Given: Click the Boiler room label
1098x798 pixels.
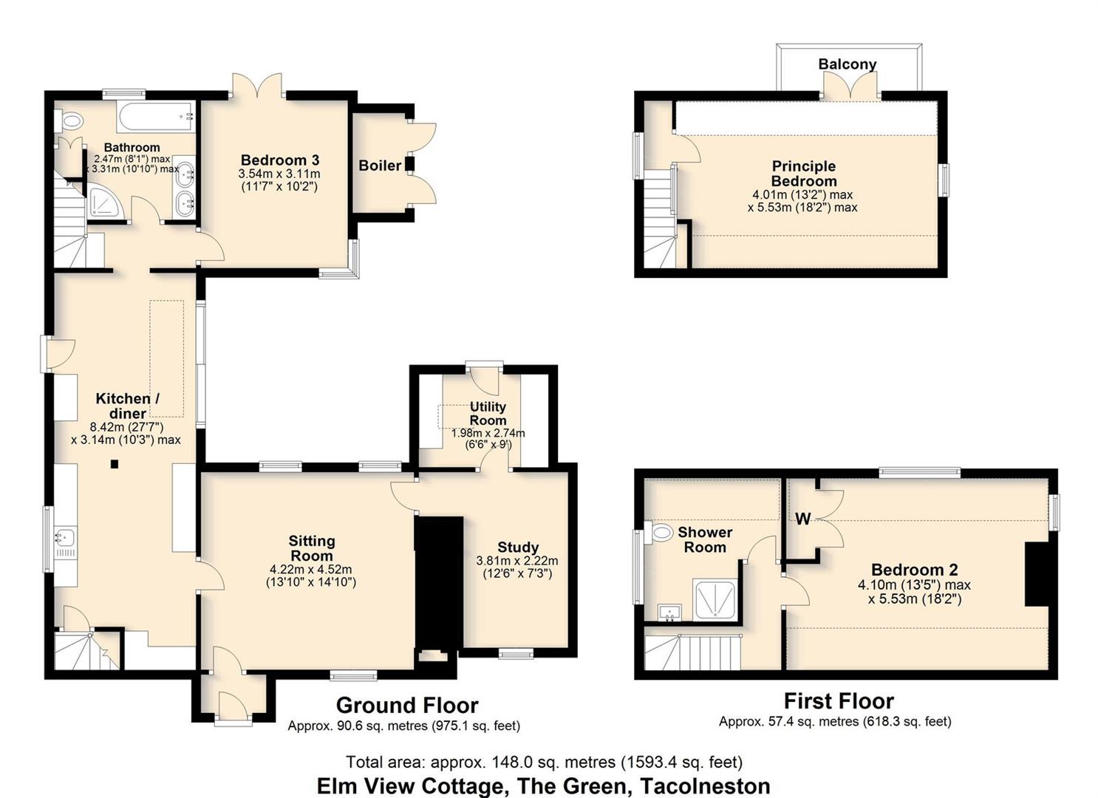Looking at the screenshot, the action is pos(380,166).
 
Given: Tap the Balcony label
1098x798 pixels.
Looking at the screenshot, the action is pos(847,64).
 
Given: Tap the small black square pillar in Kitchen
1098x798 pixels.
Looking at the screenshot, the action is pos(115,464).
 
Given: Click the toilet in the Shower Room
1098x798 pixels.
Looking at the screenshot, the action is pos(658,532).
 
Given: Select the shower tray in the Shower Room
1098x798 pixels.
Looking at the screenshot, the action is pos(715,598).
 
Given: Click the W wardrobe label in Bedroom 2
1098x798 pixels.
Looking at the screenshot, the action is pos(803,519).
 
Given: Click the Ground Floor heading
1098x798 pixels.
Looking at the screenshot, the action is pos(407,706).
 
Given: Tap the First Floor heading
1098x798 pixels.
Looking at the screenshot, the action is pos(839,701).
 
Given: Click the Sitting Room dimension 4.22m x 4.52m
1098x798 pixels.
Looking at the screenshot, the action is pos(311,570).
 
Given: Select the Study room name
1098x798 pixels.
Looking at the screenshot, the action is pos(518,547).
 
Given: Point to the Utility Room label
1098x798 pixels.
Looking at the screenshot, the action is pos(488,414).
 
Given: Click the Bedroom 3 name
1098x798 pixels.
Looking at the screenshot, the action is pos(280,160).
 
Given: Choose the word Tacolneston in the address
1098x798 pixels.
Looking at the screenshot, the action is pos(706,786).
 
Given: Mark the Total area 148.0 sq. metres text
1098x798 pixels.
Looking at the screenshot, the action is pos(544,763).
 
